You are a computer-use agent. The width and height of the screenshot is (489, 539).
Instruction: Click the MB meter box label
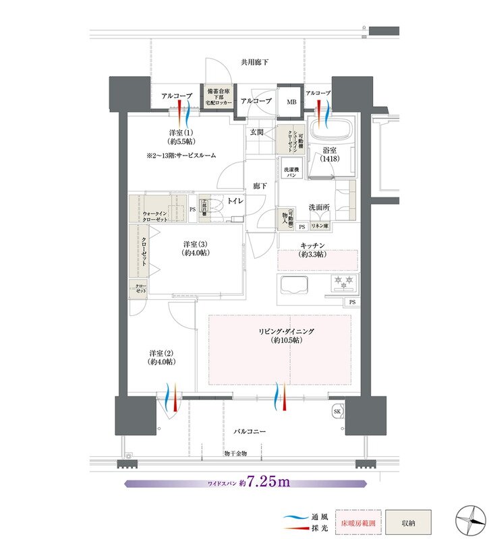(291, 102)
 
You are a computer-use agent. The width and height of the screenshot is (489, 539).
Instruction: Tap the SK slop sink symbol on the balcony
(337, 411)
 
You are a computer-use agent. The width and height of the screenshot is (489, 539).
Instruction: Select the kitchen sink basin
(293, 284)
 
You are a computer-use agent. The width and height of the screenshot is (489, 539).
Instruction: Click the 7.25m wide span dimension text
(268, 482)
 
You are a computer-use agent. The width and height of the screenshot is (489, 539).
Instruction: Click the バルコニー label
(250, 430)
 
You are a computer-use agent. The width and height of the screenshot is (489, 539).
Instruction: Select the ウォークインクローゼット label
(156, 216)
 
